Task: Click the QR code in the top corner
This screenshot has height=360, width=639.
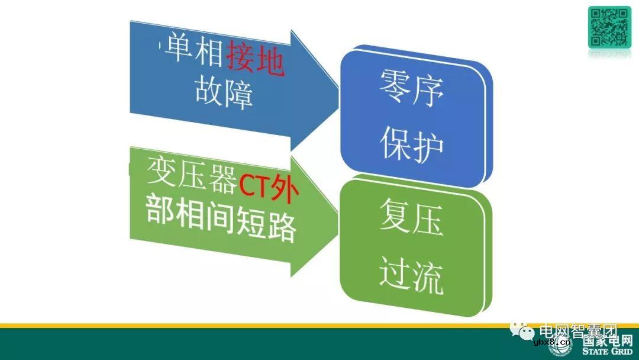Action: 609,27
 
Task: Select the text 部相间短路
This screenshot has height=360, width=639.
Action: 221,222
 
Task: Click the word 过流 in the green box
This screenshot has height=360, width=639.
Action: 412,276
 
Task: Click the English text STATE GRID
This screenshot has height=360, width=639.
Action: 606,352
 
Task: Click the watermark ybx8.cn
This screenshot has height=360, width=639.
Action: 553,342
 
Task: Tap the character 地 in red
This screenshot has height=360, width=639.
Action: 270,62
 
